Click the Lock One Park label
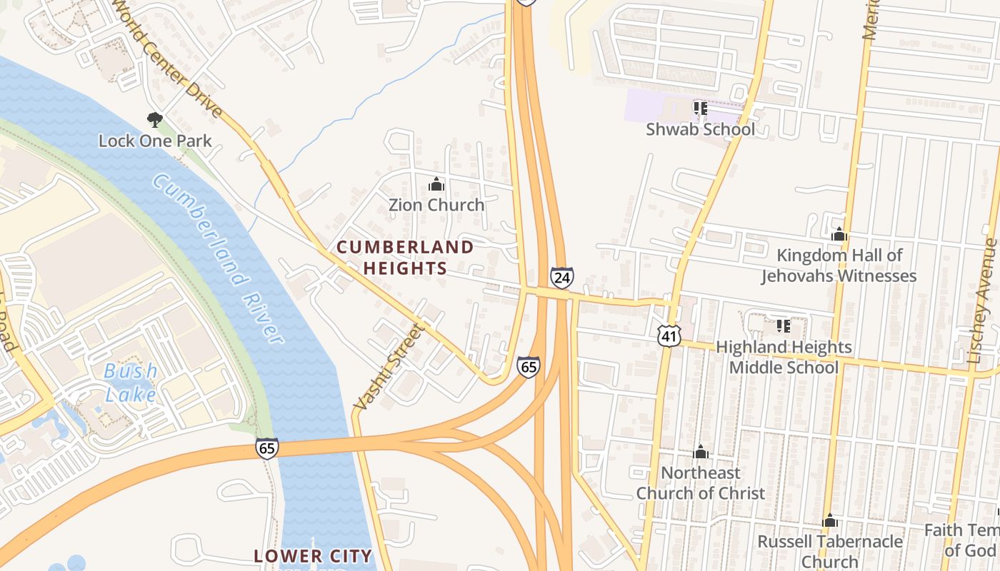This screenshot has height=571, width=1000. (155, 141)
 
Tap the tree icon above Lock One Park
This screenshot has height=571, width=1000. (154, 119)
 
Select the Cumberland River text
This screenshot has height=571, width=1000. (218, 259)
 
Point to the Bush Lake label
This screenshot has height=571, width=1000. (131, 382)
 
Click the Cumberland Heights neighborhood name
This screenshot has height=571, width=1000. (405, 258)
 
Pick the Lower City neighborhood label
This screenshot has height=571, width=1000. (314, 555)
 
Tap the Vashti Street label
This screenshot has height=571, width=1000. (389, 367)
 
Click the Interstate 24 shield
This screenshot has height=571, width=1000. (561, 277)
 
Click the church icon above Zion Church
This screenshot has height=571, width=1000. (436, 185)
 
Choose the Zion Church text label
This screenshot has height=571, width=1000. (436, 205)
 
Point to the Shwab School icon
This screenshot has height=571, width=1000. (700, 108)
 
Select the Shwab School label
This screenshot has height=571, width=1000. (700, 129)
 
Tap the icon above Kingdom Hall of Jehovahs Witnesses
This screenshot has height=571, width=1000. (839, 234)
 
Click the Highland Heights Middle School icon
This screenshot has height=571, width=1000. (783, 326)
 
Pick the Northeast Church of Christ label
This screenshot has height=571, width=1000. (701, 482)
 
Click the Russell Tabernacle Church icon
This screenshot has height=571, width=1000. (830, 520)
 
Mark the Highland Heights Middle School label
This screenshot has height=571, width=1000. (784, 357)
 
